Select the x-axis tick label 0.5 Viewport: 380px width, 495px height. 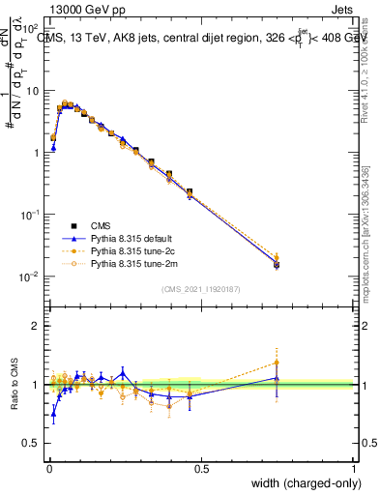(x=201, y=469)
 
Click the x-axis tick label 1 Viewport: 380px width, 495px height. (x=354, y=469)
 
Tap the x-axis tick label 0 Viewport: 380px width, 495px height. (x=49, y=469)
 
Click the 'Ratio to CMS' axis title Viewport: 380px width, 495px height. (x=13, y=385)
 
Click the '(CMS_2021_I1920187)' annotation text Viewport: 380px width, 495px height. (x=201, y=289)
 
